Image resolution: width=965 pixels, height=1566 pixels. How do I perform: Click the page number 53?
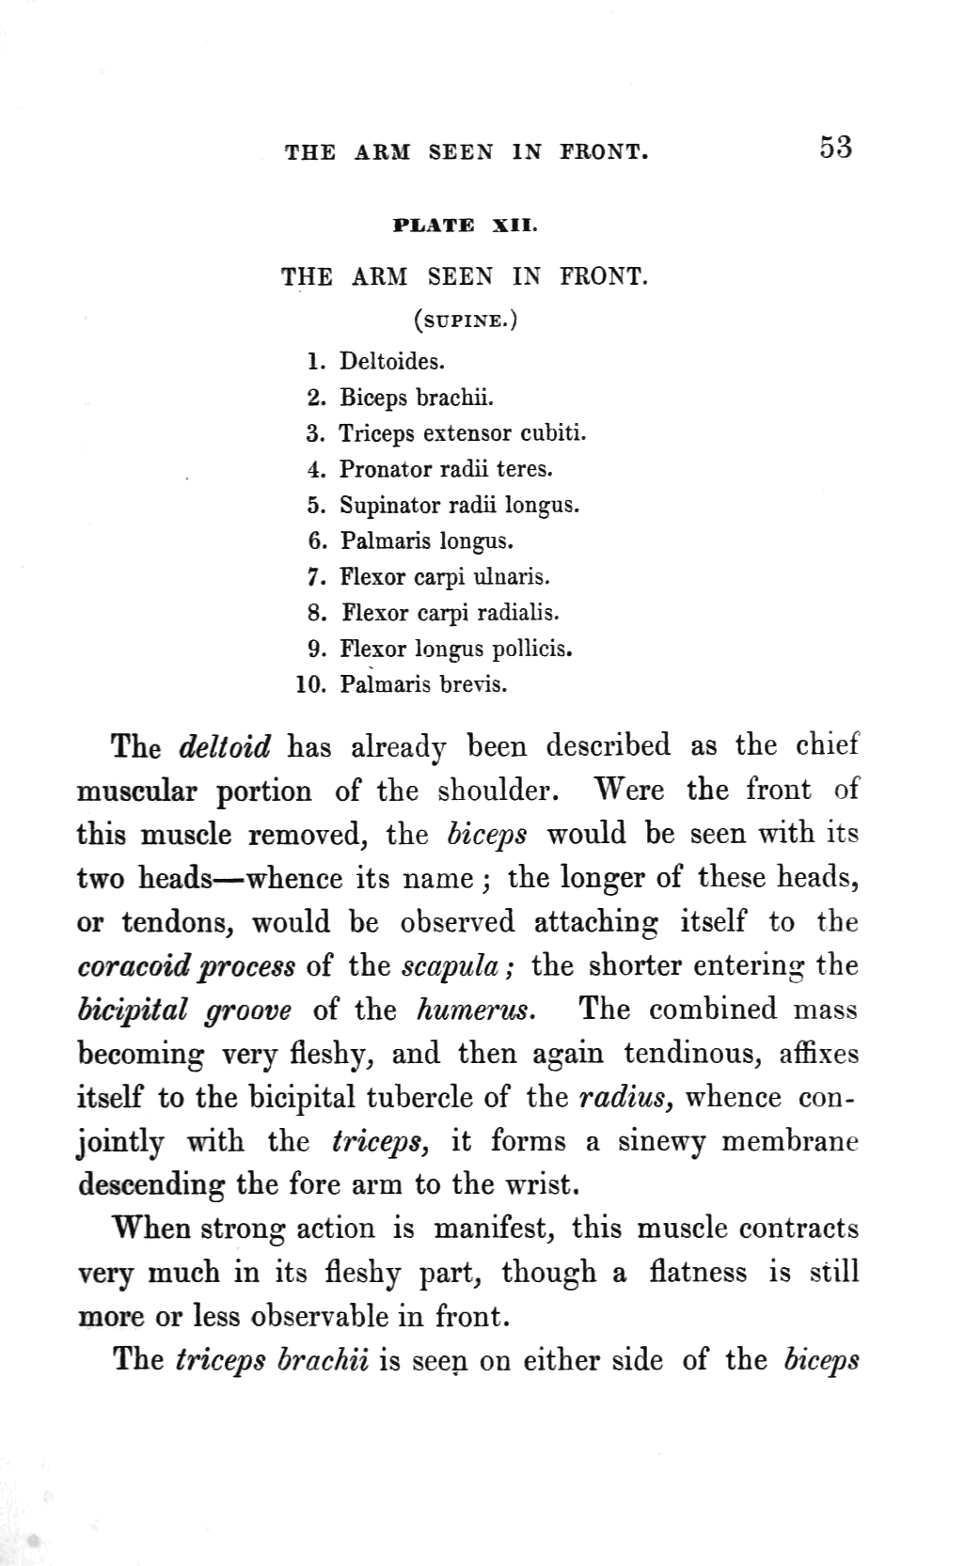(x=835, y=148)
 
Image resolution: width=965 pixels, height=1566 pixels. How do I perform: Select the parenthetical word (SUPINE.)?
(x=466, y=321)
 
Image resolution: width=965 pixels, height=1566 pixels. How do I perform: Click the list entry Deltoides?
(x=392, y=361)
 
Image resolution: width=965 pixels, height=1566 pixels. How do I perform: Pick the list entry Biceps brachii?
(x=416, y=398)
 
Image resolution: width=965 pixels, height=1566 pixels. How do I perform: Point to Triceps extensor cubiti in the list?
(x=462, y=433)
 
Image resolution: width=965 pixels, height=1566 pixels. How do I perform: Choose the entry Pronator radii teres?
(x=446, y=469)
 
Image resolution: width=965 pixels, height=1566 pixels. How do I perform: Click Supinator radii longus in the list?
(x=459, y=505)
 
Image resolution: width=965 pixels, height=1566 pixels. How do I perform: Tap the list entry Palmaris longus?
(x=427, y=540)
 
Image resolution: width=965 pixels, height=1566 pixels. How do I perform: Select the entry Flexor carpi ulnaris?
(x=444, y=576)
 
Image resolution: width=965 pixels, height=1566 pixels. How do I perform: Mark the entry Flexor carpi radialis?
(x=450, y=613)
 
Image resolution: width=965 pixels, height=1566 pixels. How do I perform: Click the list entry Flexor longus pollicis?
(x=456, y=649)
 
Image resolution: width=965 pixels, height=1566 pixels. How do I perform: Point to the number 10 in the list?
(x=309, y=684)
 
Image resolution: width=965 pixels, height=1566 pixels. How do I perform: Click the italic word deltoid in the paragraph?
(x=224, y=747)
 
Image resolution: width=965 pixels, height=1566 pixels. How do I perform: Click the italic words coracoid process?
(x=186, y=966)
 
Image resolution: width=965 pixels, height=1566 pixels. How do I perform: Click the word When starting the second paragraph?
(x=150, y=1229)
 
